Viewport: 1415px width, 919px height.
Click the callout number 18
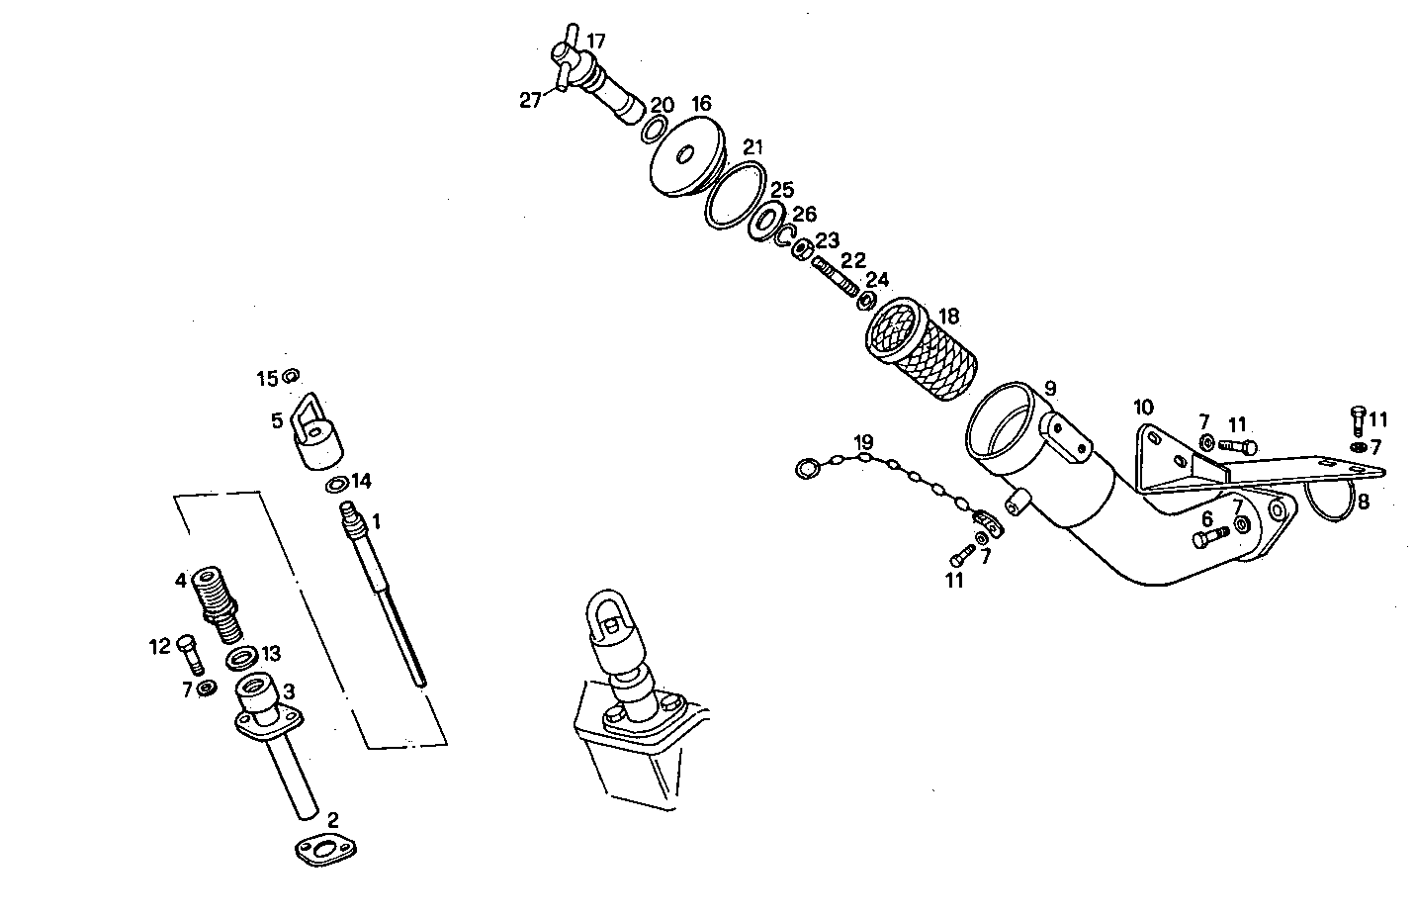tap(948, 317)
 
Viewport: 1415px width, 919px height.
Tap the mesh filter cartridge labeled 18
tap(921, 350)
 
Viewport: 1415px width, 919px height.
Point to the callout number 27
tap(531, 100)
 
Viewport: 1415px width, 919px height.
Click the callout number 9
tap(1049, 387)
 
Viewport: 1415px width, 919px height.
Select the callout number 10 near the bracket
tap(1143, 407)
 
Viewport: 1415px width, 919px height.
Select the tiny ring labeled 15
tap(291, 376)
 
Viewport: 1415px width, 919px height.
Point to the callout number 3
tap(289, 689)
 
